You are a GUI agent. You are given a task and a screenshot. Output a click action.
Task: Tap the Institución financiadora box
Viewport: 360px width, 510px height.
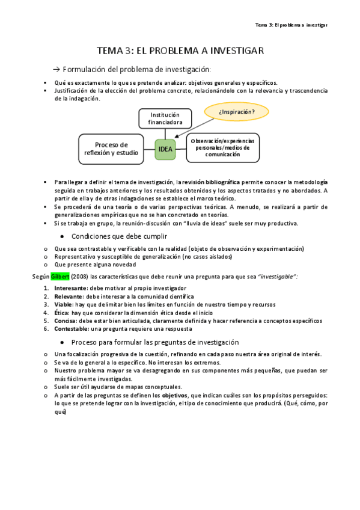click(165, 118)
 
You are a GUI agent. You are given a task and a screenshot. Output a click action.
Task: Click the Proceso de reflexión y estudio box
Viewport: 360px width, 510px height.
click(111, 149)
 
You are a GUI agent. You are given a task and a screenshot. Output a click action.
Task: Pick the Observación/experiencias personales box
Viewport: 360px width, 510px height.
click(222, 147)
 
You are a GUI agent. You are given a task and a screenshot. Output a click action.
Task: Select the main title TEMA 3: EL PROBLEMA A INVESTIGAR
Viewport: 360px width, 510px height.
click(180, 51)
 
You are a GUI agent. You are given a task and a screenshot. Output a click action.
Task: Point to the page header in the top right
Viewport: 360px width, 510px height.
click(291, 25)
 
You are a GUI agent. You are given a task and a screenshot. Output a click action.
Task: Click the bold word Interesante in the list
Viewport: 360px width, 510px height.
click(70, 288)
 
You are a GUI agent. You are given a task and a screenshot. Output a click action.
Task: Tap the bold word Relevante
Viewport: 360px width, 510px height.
click(67, 296)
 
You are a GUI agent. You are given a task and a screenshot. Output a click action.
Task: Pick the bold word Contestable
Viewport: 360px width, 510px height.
click(71, 330)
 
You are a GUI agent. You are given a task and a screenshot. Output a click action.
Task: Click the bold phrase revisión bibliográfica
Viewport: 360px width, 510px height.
click(212, 182)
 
